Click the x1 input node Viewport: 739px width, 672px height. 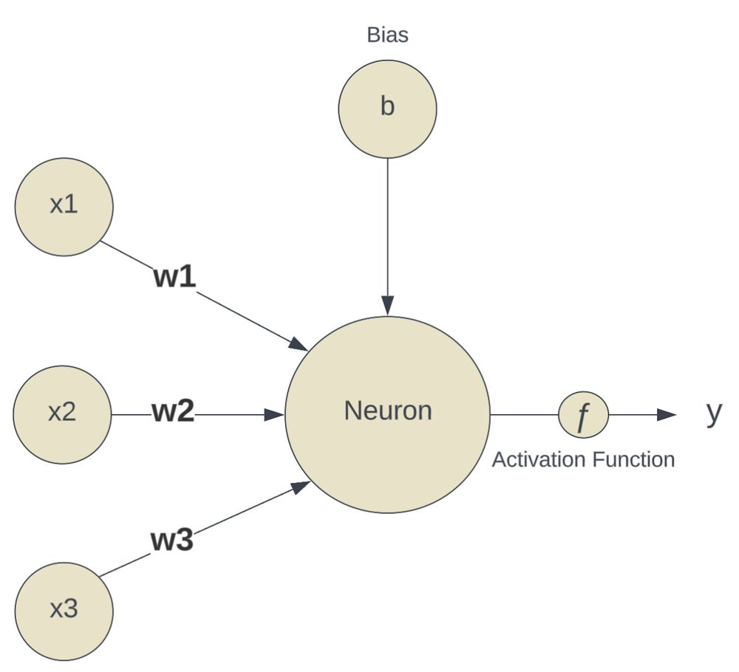(x=64, y=207)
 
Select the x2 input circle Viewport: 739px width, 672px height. (x=62, y=414)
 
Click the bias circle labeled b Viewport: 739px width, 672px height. (x=387, y=109)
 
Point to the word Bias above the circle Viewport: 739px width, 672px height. (x=387, y=35)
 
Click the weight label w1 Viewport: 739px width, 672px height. (x=175, y=277)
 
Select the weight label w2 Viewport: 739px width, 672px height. (x=174, y=412)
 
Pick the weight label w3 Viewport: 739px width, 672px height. (x=172, y=541)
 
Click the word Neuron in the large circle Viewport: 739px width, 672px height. (x=388, y=411)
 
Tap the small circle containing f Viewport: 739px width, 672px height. (x=583, y=415)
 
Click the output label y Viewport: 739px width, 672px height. (x=713, y=412)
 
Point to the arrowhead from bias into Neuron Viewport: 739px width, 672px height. (x=387, y=305)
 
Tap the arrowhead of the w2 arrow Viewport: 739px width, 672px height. (x=276, y=415)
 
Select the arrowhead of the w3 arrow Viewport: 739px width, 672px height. (x=300, y=487)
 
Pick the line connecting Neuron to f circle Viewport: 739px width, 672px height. (x=524, y=415)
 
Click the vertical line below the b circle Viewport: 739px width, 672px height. (x=387, y=222)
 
